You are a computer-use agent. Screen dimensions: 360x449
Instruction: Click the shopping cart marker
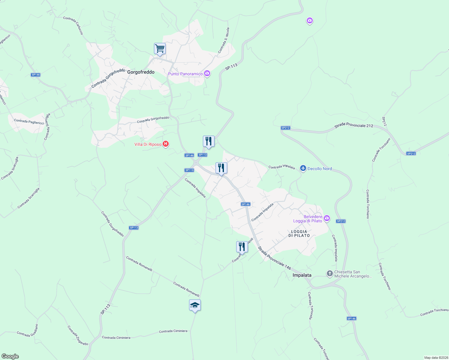click(160, 49)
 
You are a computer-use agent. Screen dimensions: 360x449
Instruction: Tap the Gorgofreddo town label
click(141, 72)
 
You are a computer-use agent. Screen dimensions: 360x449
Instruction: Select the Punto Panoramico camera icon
click(207, 73)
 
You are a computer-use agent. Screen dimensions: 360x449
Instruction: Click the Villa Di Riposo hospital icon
click(165, 144)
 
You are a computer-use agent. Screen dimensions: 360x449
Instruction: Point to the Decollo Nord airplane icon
click(303, 168)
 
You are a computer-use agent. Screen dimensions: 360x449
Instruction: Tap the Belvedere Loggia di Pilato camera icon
click(327, 218)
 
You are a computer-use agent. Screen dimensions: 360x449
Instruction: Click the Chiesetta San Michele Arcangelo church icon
click(330, 273)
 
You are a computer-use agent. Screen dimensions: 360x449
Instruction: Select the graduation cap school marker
click(195, 305)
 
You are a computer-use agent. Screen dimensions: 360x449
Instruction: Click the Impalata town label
click(302, 275)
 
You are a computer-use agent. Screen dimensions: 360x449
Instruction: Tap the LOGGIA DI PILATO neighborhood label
click(299, 233)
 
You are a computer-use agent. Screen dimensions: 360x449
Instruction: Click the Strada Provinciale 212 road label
click(354, 125)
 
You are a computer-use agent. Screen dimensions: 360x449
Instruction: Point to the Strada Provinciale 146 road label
click(274, 258)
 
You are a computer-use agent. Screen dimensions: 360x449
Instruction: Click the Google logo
click(10, 356)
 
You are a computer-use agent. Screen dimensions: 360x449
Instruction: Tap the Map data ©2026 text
click(436, 358)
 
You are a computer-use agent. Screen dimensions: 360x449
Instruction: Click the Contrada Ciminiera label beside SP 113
click(116, 337)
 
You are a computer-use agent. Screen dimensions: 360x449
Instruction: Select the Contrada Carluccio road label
click(73, 25)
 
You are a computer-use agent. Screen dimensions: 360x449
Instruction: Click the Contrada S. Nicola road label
click(224, 40)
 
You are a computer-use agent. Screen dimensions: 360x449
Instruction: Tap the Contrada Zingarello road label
click(78, 336)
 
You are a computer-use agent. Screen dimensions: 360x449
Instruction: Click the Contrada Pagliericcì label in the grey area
click(29, 121)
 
